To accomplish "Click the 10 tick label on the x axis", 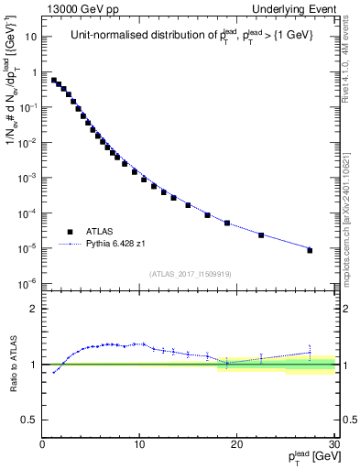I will [x=139, y=446].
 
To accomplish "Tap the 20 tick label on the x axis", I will [x=236, y=446].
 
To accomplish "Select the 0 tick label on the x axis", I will [x=43, y=446].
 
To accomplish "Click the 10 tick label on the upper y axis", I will [x=31, y=38].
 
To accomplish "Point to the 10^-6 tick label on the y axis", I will [x=28, y=283].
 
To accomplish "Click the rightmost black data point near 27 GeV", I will [x=310, y=250].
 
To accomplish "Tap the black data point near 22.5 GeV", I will [x=261, y=235].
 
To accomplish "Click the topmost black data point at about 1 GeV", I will [x=53, y=80].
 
